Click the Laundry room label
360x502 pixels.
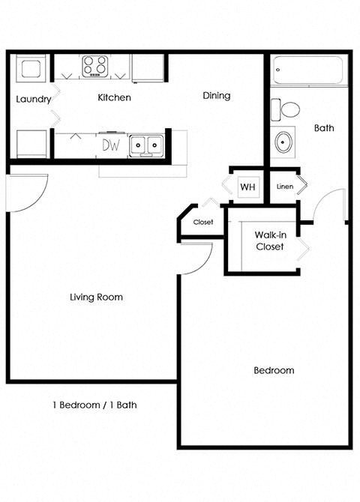(34, 99)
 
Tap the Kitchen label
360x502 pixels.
(115, 97)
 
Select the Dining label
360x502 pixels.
(217, 96)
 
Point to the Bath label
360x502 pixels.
(324, 128)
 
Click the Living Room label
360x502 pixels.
(96, 297)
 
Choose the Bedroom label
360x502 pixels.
(274, 370)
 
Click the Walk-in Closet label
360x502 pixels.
(269, 240)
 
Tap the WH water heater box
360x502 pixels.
(247, 187)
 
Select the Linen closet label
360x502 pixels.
(285, 187)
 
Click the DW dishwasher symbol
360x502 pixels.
(111, 145)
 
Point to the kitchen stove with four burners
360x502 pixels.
(96, 66)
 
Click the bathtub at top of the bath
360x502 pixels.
(308, 70)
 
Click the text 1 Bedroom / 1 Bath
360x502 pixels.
(94, 405)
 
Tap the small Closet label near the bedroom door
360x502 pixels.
(203, 223)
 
